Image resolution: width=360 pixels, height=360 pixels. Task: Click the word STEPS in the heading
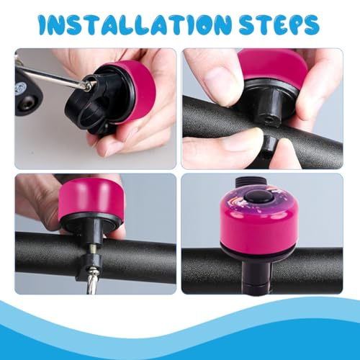point(279,25)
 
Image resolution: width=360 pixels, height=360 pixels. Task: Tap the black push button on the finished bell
point(258,198)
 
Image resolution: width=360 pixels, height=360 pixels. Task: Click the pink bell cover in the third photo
point(91,197)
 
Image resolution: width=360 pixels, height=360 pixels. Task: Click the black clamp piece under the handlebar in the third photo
point(89,268)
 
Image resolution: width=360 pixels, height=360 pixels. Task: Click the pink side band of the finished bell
point(258,228)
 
